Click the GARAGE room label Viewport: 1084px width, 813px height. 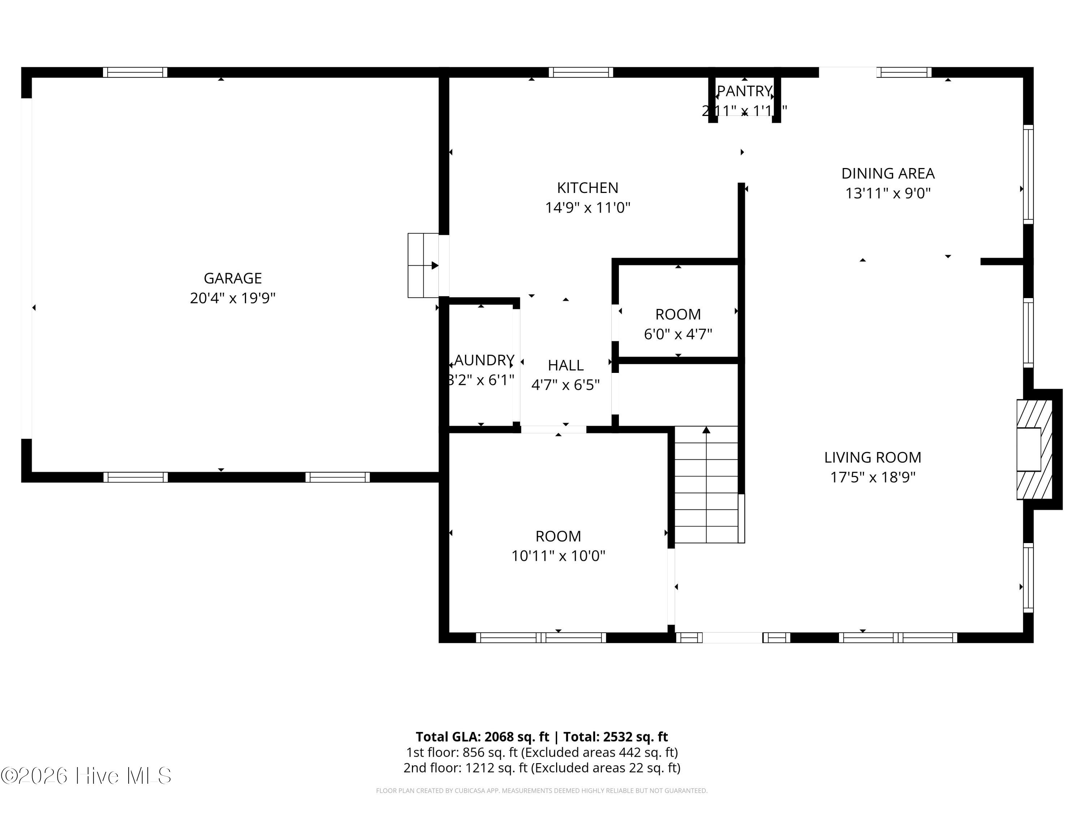click(x=232, y=278)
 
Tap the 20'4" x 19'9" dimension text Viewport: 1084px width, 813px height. click(x=232, y=298)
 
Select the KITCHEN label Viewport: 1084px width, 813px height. click(x=587, y=188)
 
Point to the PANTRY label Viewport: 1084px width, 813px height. click(x=744, y=91)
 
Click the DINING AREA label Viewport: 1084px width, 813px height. click(x=887, y=173)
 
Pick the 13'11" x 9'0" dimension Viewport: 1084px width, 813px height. click(x=887, y=193)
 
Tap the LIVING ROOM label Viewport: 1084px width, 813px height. click(x=872, y=457)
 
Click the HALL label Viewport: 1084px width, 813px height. click(x=565, y=365)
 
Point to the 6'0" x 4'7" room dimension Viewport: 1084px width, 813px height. click(x=678, y=334)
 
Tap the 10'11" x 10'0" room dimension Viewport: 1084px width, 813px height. click(x=558, y=556)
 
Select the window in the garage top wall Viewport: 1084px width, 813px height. click(x=135, y=73)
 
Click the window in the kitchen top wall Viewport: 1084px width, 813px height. click(x=581, y=73)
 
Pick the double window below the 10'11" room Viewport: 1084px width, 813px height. click(x=541, y=637)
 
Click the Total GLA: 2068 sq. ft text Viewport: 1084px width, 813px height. click(x=482, y=736)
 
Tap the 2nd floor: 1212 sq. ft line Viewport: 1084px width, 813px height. click(x=542, y=767)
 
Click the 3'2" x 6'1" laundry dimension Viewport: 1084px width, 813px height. click(x=481, y=380)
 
